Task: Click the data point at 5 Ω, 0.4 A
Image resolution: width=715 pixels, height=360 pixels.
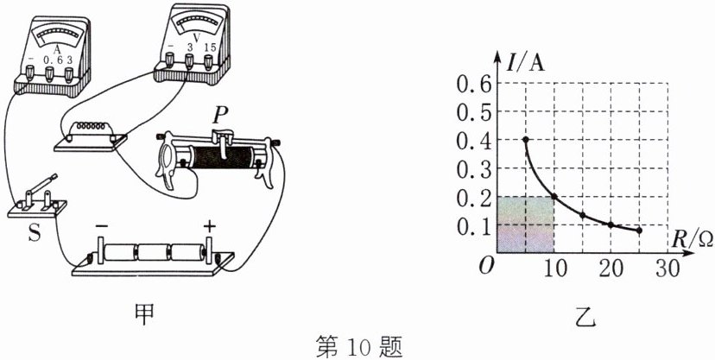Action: tap(526, 140)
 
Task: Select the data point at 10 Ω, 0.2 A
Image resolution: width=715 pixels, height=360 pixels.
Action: tap(554, 197)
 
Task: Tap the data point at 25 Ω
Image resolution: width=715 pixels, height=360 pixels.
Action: tap(639, 231)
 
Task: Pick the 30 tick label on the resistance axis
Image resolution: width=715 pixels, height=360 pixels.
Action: tap(668, 269)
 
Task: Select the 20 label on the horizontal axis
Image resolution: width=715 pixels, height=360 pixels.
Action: tap(611, 269)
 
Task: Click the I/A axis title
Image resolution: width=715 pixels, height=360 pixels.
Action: tap(525, 63)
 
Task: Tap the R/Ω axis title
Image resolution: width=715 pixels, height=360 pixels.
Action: tap(691, 239)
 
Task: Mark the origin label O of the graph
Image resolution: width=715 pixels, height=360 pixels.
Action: tap(486, 266)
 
